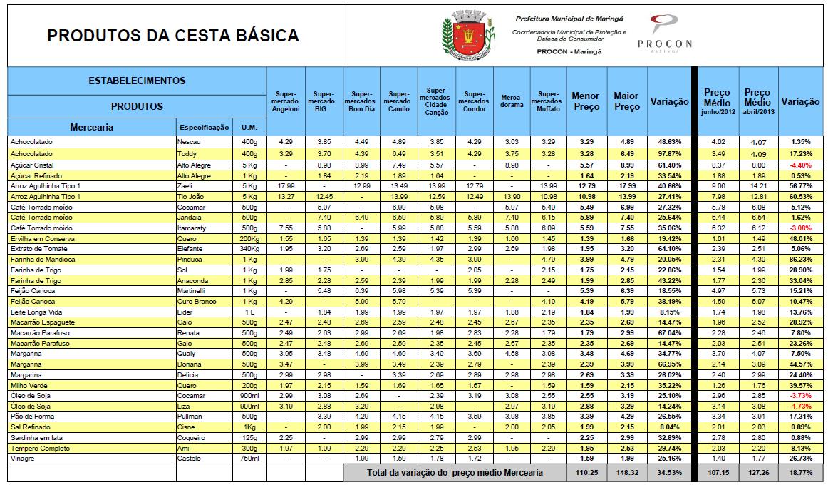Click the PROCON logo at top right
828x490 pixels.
point(664,33)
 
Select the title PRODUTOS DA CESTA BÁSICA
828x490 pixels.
point(173,36)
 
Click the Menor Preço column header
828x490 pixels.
point(586,101)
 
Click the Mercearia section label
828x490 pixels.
point(92,128)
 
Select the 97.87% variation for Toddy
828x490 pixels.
point(670,153)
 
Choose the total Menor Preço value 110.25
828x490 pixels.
point(585,473)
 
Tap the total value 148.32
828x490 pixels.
point(626,473)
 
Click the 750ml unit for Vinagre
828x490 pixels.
point(249,458)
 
